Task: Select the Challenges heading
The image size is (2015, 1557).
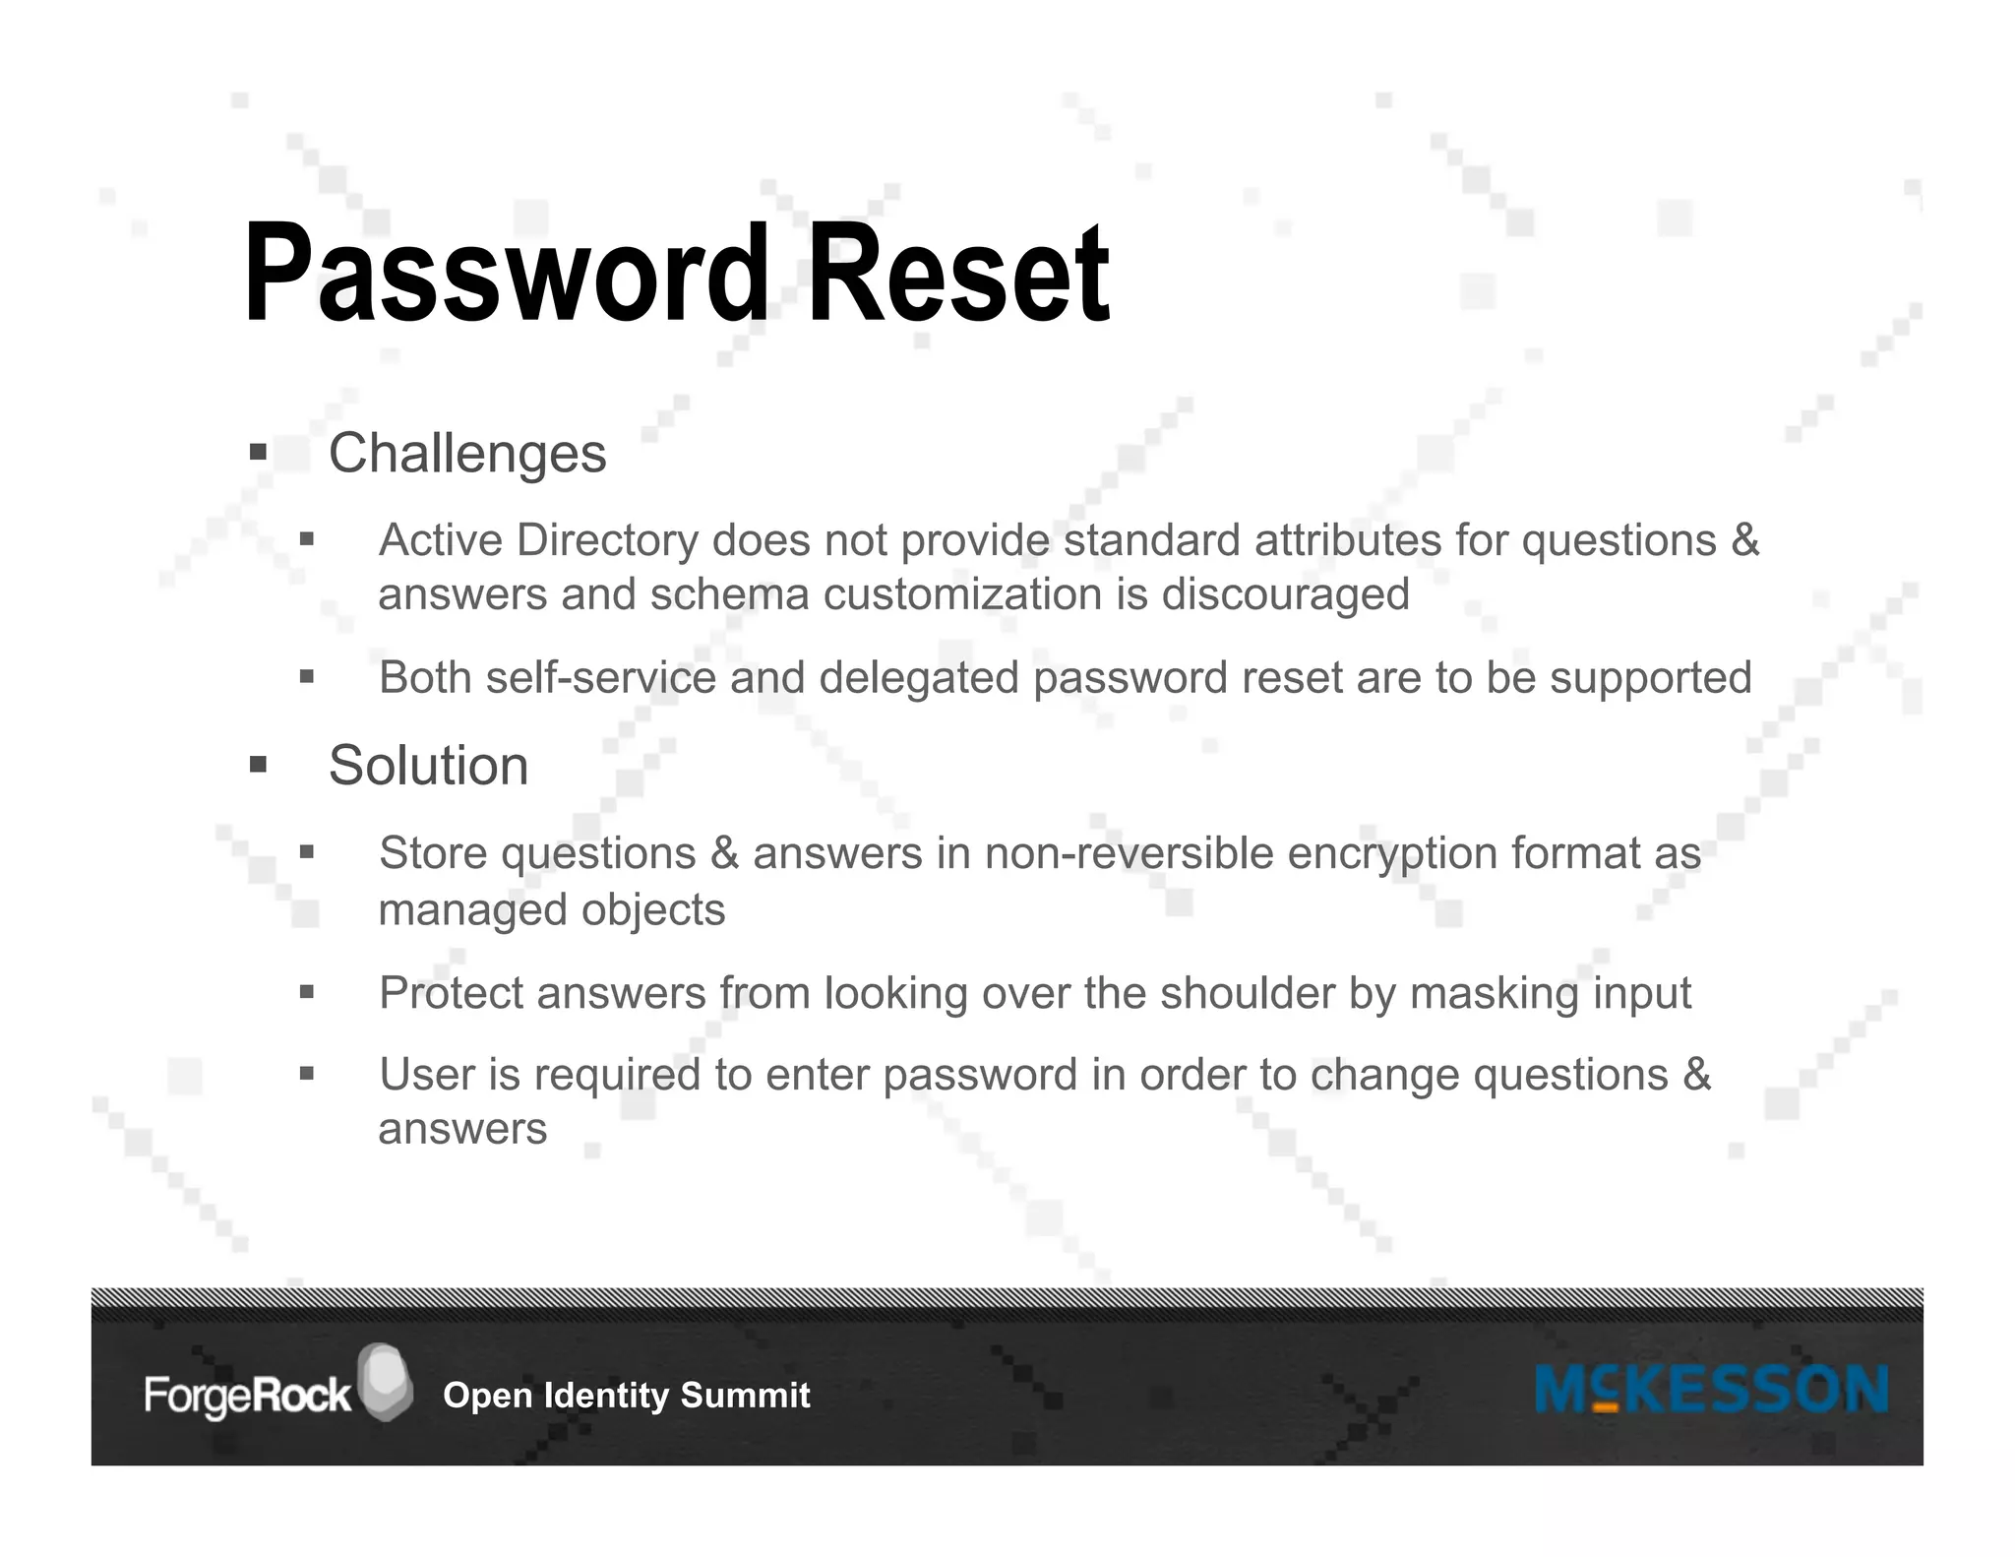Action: (467, 454)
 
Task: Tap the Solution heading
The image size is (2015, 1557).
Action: (428, 766)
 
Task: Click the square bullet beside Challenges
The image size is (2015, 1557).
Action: (259, 453)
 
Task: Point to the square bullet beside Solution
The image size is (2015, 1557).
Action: (259, 765)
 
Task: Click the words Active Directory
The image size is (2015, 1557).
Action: (537, 540)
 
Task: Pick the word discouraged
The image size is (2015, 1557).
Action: (1285, 594)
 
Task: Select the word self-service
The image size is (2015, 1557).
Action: (600, 678)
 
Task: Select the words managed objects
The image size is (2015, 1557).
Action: (551, 909)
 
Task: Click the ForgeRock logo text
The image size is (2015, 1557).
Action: (247, 1396)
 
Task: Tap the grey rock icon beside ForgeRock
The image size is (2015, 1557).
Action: (385, 1381)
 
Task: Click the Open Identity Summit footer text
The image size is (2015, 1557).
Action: (626, 1396)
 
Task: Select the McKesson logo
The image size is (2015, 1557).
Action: (1711, 1390)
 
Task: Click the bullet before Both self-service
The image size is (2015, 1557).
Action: (307, 677)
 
